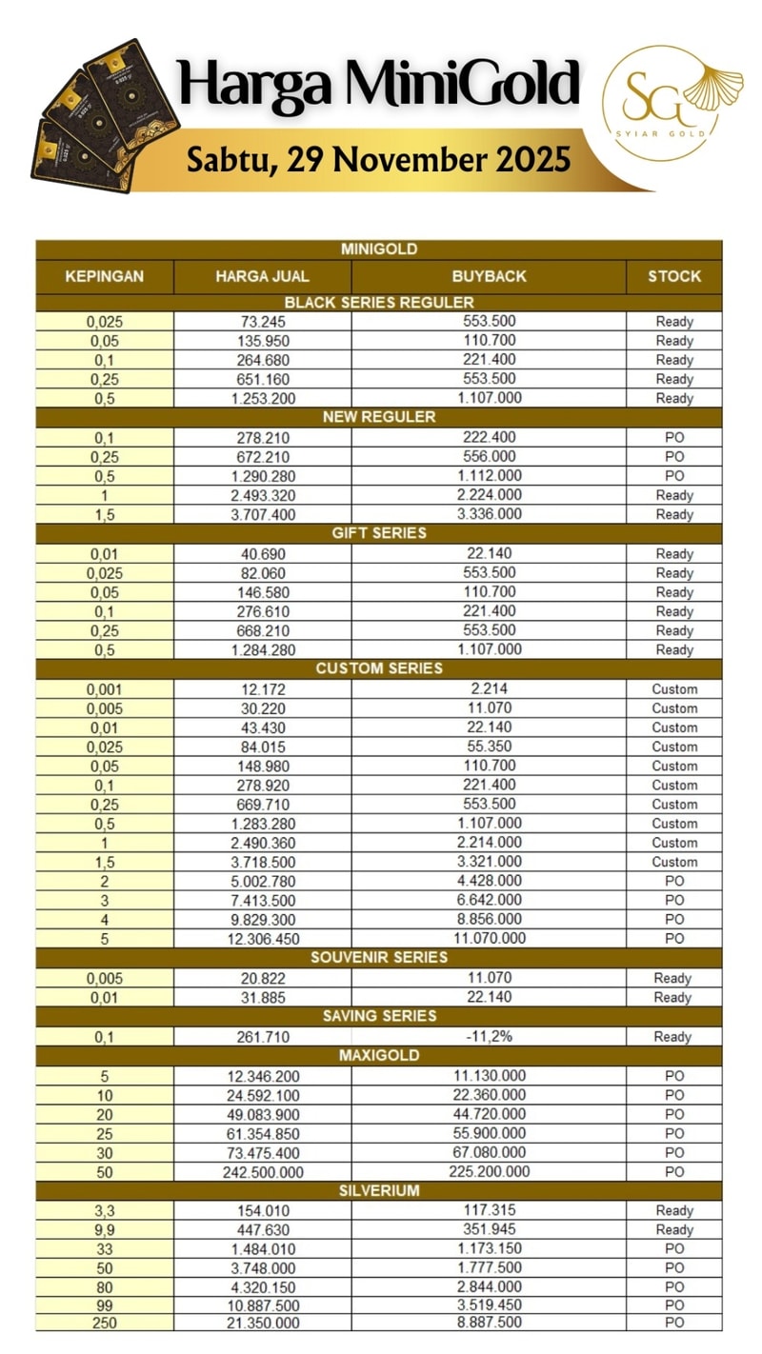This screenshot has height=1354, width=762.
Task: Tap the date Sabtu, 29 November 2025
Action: pos(378,158)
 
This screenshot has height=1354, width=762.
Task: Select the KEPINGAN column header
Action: pos(105,276)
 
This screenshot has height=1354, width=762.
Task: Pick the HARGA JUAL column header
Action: pos(262,276)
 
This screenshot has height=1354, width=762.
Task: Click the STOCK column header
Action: pos(674,276)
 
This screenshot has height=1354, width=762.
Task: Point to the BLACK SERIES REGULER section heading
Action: pos(379,303)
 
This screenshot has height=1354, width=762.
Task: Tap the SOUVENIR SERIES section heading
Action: pos(379,957)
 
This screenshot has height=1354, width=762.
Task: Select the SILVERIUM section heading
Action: pos(379,1190)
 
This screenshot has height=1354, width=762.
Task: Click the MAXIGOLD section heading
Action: pos(379,1055)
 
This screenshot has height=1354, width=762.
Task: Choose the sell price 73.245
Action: pos(263,322)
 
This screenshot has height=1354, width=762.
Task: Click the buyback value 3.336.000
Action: pos(489,514)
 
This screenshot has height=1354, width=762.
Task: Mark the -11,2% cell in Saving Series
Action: pos(489,1036)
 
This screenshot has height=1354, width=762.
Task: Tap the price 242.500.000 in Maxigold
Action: pos(263,1172)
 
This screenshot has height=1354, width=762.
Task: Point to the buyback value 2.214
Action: pos(489,688)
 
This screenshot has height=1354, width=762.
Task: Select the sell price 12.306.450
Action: pos(263,939)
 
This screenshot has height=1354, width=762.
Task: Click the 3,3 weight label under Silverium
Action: pos(105,1210)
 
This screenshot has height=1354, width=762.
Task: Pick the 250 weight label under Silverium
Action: pos(105,1324)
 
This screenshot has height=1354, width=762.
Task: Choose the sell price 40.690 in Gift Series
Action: pos(263,553)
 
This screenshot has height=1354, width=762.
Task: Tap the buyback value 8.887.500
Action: pos(489,1324)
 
